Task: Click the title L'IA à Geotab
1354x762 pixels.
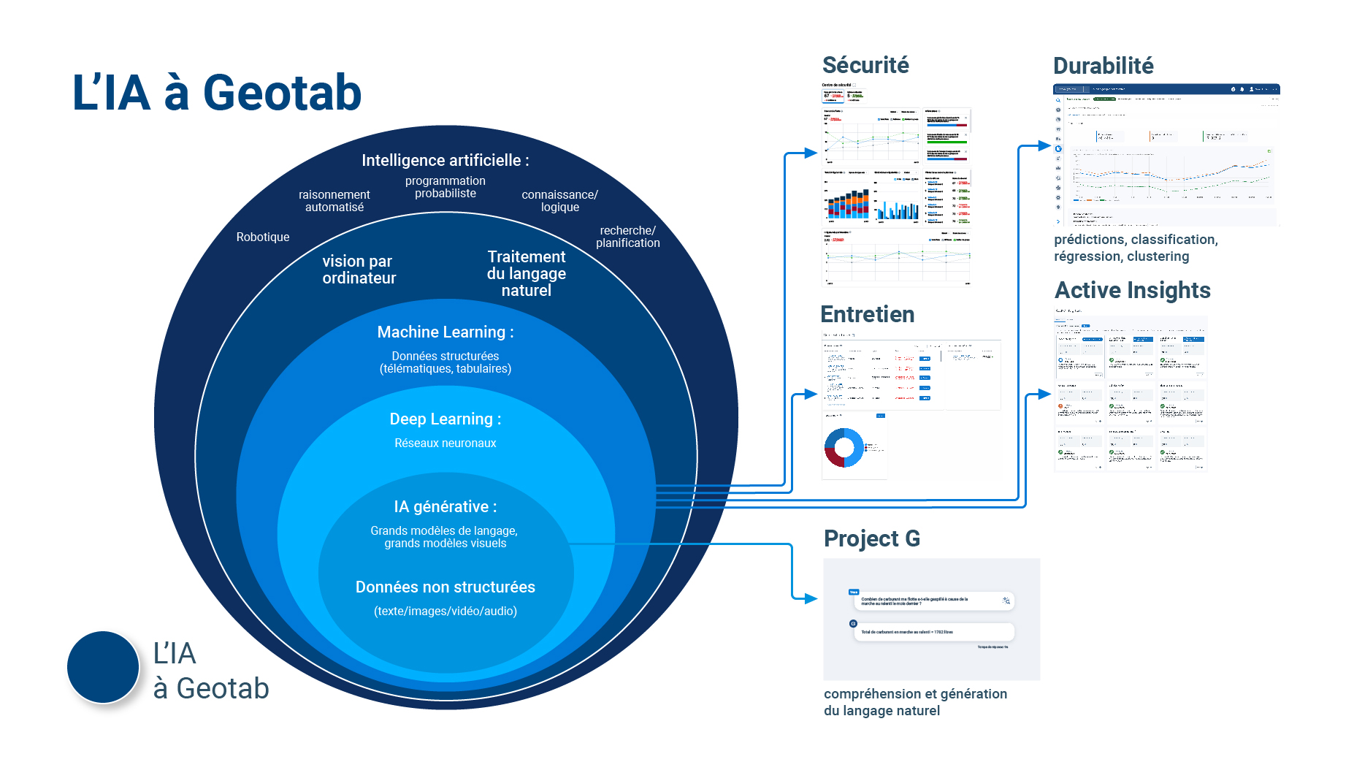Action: (x=217, y=94)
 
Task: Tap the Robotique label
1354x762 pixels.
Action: (x=262, y=237)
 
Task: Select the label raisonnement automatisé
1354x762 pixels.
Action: (x=334, y=201)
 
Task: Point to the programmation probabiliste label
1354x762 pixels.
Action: (x=445, y=187)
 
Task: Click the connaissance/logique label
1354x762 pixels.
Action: (x=559, y=201)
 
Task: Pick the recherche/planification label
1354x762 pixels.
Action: (x=627, y=237)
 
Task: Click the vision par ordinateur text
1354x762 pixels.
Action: (x=359, y=270)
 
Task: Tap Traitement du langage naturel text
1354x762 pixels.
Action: (x=526, y=273)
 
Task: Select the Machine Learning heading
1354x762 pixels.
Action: (x=445, y=332)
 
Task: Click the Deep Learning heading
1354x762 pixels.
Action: (x=445, y=419)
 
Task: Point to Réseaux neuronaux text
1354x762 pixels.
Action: (x=445, y=443)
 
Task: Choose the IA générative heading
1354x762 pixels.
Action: (x=445, y=506)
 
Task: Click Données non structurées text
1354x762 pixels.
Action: (x=445, y=587)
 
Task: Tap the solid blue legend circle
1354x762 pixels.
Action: (x=103, y=667)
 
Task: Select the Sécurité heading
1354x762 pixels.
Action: (x=865, y=65)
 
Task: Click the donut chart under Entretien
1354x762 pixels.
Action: (x=844, y=447)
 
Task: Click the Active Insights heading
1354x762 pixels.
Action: (x=1132, y=290)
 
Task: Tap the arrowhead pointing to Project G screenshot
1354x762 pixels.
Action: (x=811, y=599)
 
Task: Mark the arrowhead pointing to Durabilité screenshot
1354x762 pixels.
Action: (x=1044, y=146)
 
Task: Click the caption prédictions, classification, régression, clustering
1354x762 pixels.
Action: (x=1136, y=248)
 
